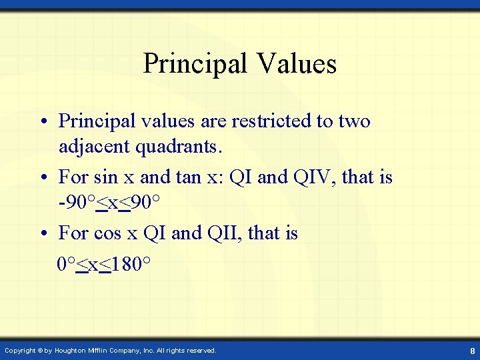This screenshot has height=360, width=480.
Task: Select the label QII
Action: (221, 233)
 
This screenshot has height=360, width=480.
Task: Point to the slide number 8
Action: (472, 351)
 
